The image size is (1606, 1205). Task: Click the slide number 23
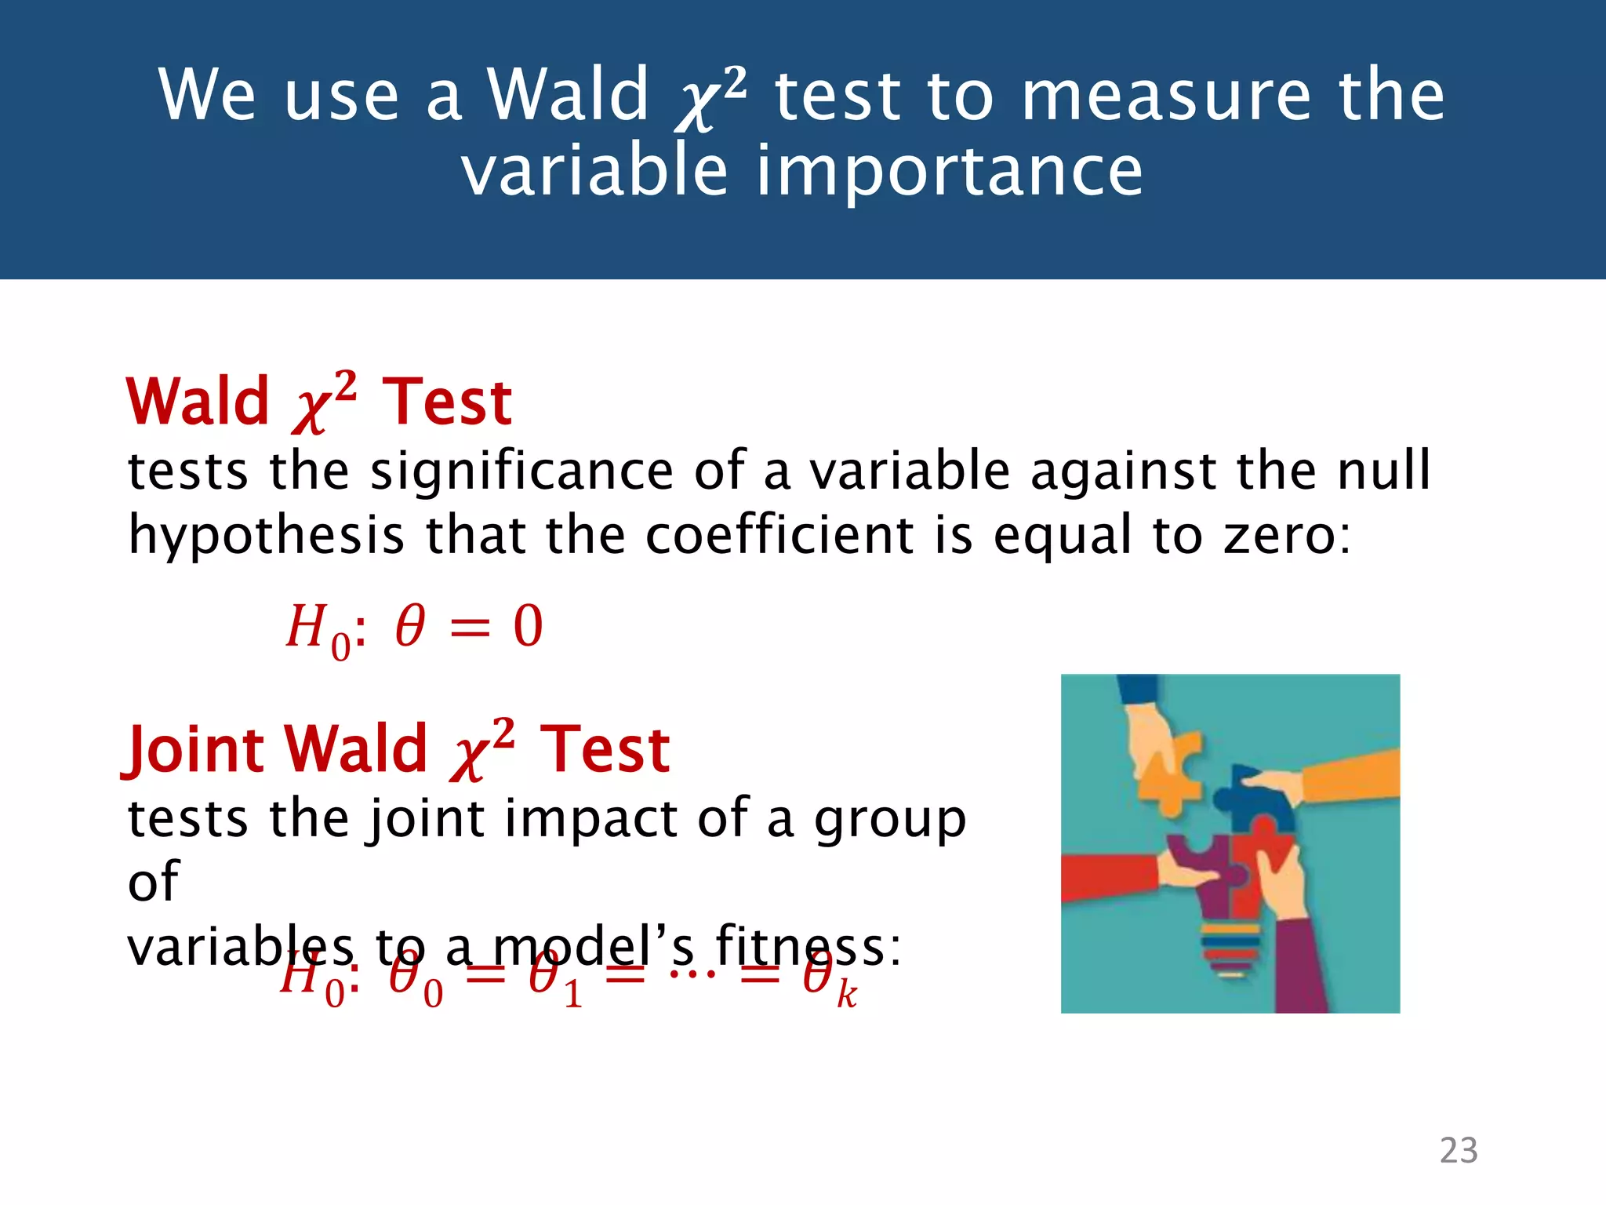(1458, 1150)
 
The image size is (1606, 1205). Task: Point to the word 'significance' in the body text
(521, 471)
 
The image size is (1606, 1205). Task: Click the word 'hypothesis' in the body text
(266, 536)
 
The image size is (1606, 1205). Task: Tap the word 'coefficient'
(779, 535)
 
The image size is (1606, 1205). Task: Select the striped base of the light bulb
(1230, 949)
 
